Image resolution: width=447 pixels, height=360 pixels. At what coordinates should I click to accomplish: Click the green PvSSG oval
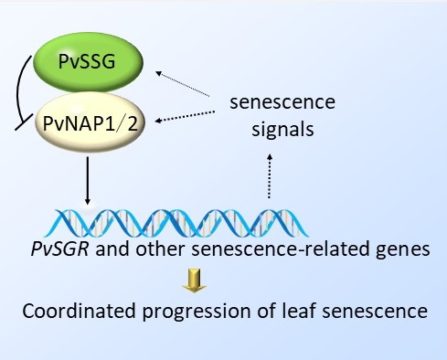click(x=88, y=62)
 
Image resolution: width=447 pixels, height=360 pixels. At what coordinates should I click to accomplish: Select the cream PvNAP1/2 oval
click(x=90, y=122)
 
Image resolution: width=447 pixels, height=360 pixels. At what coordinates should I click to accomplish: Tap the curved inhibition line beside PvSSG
click(x=18, y=89)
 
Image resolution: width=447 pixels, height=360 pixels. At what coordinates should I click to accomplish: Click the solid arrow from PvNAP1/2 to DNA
click(x=88, y=180)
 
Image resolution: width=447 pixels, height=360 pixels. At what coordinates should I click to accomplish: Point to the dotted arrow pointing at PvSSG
click(x=182, y=83)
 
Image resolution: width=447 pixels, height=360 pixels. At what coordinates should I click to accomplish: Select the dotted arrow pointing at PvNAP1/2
click(x=185, y=117)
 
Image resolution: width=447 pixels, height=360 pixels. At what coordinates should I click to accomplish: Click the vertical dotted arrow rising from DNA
click(x=270, y=176)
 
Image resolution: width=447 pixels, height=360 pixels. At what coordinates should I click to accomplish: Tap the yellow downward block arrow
click(x=194, y=281)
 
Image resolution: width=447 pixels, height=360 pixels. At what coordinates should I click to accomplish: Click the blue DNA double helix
click(x=176, y=223)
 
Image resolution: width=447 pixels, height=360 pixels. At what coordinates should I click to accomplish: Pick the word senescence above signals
click(x=282, y=102)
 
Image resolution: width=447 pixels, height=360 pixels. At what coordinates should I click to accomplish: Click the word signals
click(x=282, y=130)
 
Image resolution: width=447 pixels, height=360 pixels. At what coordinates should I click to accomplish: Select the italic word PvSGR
click(x=59, y=249)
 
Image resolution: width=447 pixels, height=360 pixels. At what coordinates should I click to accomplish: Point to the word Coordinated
click(x=79, y=311)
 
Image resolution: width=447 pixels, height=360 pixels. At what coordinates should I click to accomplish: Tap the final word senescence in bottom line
click(x=375, y=312)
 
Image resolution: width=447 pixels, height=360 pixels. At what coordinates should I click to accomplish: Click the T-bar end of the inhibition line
click(x=24, y=122)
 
